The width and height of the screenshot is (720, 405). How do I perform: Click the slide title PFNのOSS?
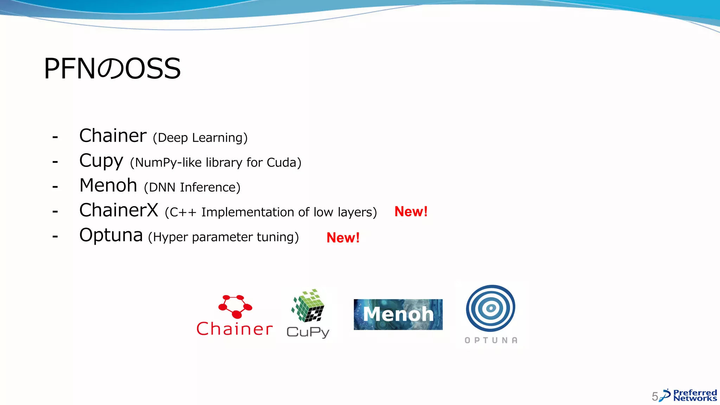click(112, 69)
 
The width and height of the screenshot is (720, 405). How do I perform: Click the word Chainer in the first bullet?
click(112, 136)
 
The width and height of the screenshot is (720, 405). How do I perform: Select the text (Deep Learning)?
click(200, 137)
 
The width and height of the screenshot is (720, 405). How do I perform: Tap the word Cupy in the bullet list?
click(101, 161)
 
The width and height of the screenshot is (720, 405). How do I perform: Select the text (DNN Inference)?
click(192, 187)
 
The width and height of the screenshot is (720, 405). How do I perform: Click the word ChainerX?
click(118, 210)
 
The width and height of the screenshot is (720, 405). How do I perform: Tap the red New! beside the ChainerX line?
click(411, 212)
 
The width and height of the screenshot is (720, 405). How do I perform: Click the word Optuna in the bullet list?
click(111, 235)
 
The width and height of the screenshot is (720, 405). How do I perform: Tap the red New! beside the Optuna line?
click(343, 238)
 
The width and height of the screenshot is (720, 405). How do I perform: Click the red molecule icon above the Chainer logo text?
click(235, 306)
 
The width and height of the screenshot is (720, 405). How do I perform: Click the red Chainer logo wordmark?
click(234, 329)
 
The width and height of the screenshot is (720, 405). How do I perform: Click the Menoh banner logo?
click(398, 314)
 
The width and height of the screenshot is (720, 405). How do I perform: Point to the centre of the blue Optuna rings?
click(491, 308)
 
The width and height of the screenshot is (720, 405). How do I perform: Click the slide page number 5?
click(655, 397)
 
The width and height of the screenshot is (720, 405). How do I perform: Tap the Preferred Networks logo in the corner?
click(689, 396)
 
